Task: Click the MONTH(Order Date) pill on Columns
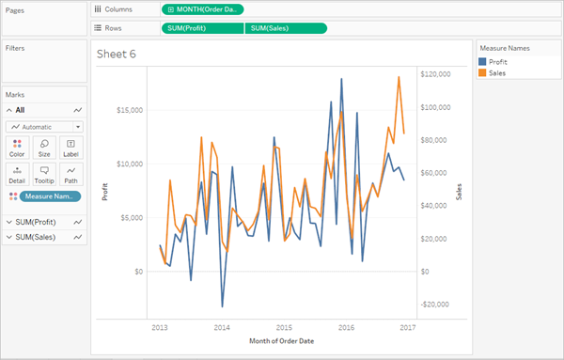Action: pyautogui.click(x=203, y=9)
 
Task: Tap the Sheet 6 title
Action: pyautogui.click(x=117, y=55)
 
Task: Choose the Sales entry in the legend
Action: pyautogui.click(x=498, y=72)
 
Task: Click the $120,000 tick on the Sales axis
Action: pyautogui.click(x=438, y=74)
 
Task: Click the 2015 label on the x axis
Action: pyautogui.click(x=284, y=328)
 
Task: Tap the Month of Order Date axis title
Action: pyautogui.click(x=282, y=340)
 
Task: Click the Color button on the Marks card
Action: pyautogui.click(x=17, y=147)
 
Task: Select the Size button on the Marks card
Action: pyautogui.click(x=44, y=147)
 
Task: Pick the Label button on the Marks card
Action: pyautogui.click(x=70, y=147)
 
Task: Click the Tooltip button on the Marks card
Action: pyautogui.click(x=44, y=173)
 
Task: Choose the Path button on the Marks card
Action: pyautogui.click(x=70, y=173)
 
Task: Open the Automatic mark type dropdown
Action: pyautogui.click(x=44, y=126)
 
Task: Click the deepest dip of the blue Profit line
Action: pyautogui.click(x=222, y=306)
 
